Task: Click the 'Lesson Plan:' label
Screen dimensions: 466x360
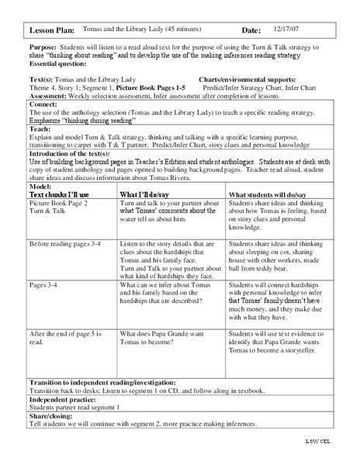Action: [x=52, y=30]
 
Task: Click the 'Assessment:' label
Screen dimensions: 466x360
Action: [x=48, y=94]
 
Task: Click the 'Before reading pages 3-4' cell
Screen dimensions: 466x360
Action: [x=66, y=242]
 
